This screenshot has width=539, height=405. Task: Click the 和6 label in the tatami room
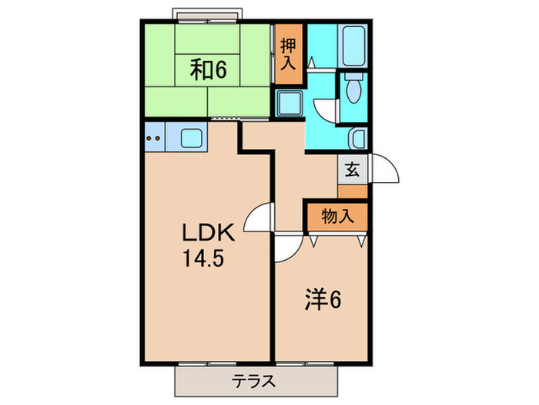point(208,70)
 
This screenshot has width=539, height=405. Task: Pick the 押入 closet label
point(287,54)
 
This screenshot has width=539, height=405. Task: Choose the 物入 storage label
point(336,217)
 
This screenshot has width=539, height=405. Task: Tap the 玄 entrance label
point(352,170)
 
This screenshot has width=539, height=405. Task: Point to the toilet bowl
point(354,91)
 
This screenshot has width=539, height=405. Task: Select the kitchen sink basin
point(191,140)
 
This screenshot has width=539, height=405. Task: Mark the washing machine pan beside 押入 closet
point(290,102)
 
